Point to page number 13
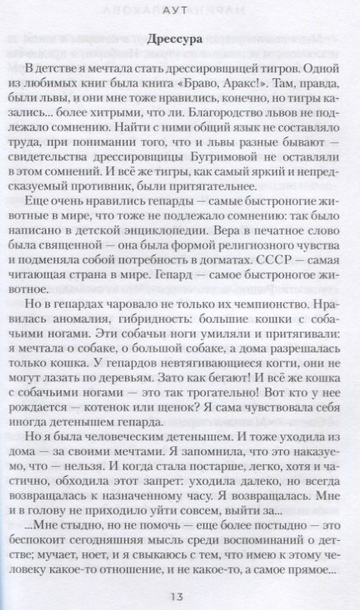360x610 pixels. click(x=180, y=595)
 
